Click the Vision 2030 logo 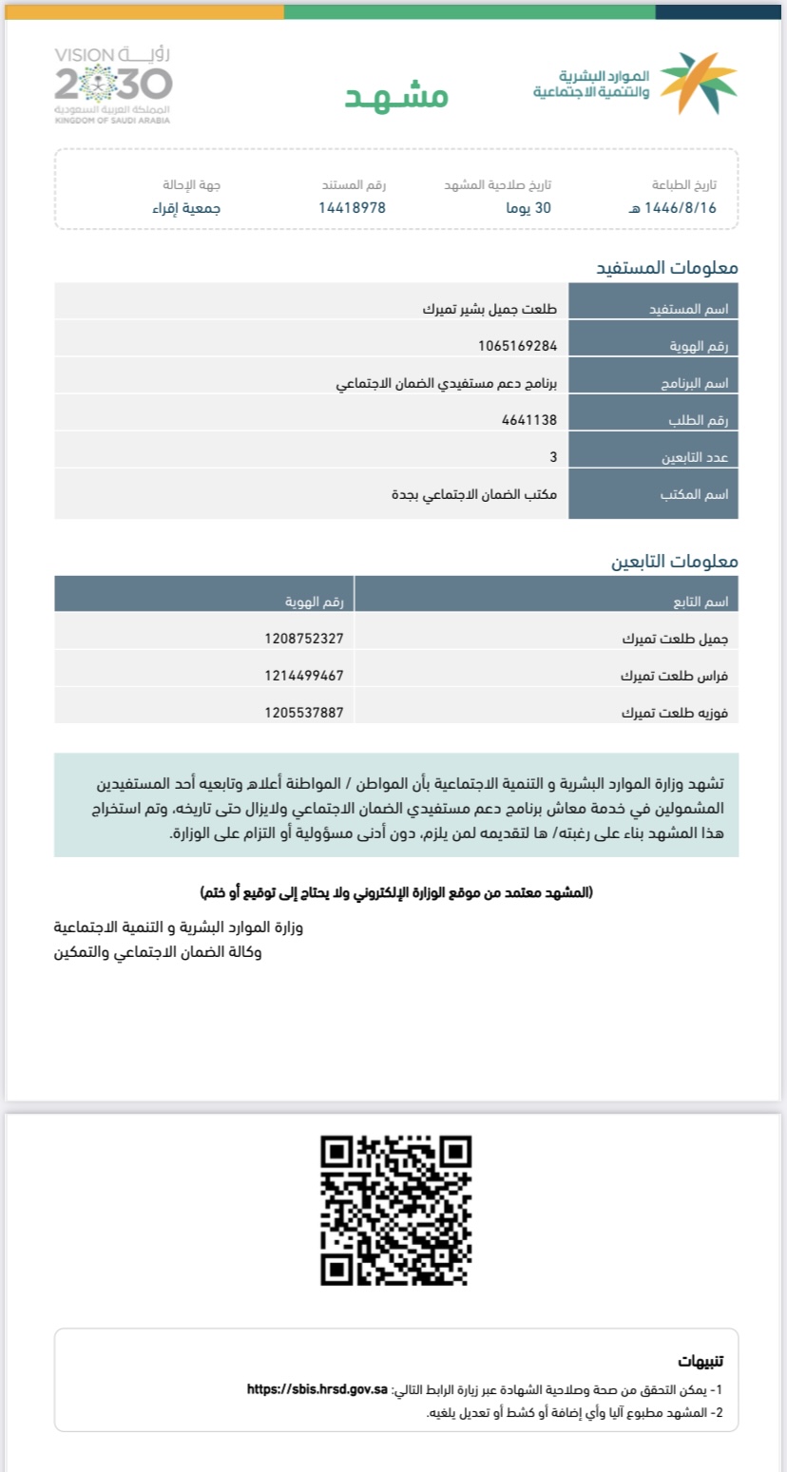click(113, 85)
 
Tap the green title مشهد click(395, 96)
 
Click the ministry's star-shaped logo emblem click(699, 84)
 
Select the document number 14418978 click(352, 207)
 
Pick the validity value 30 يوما click(528, 207)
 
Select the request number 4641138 click(529, 419)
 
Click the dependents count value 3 click(553, 457)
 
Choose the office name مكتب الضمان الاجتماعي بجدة click(475, 494)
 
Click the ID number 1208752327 click(304, 639)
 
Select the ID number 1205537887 click(304, 713)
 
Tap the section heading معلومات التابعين click(674, 561)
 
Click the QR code click(395, 1210)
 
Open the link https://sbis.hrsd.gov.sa click(317, 1388)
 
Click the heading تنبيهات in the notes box click(701, 1360)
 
